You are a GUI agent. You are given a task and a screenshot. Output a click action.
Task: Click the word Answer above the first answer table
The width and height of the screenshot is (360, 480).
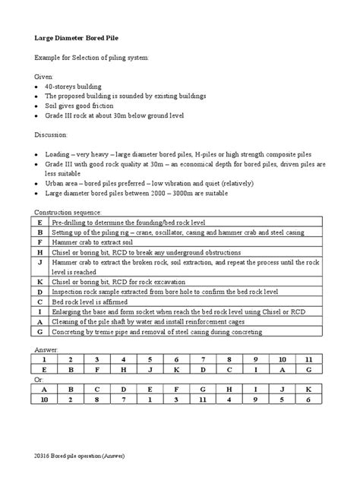tap(47, 349)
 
